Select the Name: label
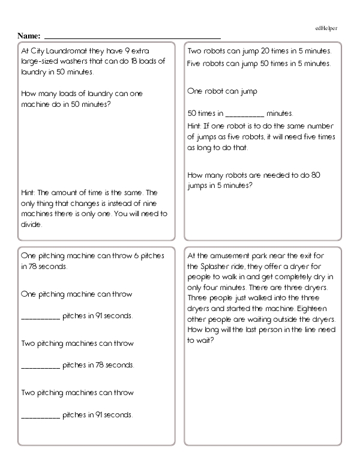[29, 36]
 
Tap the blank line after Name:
[132, 37]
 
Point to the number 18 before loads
[127, 62]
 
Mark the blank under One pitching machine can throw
[40, 316]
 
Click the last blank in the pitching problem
[40, 415]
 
